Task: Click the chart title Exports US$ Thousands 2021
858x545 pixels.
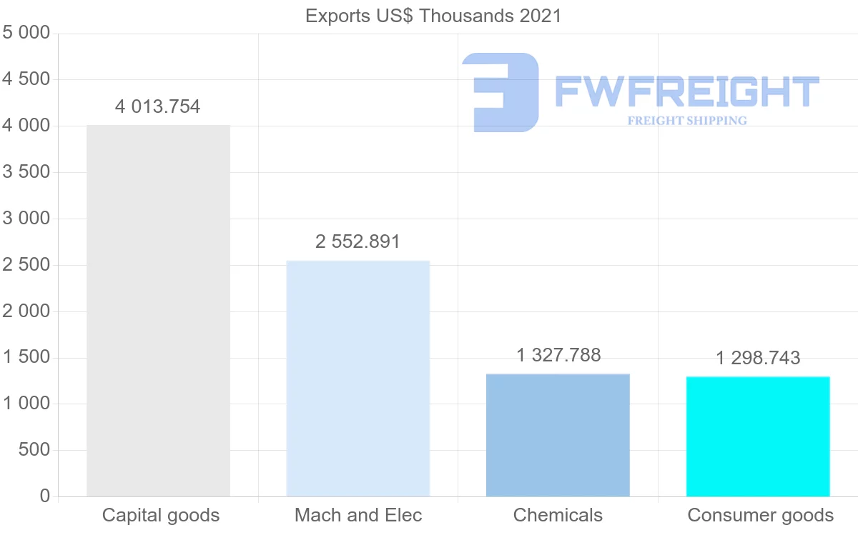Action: tap(433, 16)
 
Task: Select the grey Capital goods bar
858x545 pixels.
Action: tap(158, 311)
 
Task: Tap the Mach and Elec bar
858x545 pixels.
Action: tap(357, 379)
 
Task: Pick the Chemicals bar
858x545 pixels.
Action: tap(558, 435)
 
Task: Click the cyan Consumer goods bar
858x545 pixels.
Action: tap(758, 436)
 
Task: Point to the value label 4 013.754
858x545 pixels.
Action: tap(158, 107)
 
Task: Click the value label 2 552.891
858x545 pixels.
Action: tap(357, 242)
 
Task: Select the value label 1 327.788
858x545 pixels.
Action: tap(558, 355)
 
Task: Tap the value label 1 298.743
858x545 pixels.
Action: tap(758, 358)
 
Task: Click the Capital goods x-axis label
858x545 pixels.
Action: tap(161, 515)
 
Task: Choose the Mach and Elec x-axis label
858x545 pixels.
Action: tap(358, 515)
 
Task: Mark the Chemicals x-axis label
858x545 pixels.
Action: tap(558, 515)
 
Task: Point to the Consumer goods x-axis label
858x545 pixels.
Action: tap(760, 515)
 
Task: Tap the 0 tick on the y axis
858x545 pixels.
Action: tap(45, 496)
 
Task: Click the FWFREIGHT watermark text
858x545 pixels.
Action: tap(686, 91)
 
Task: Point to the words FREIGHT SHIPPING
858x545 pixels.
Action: tap(687, 121)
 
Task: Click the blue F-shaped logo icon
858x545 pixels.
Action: tap(500, 92)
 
